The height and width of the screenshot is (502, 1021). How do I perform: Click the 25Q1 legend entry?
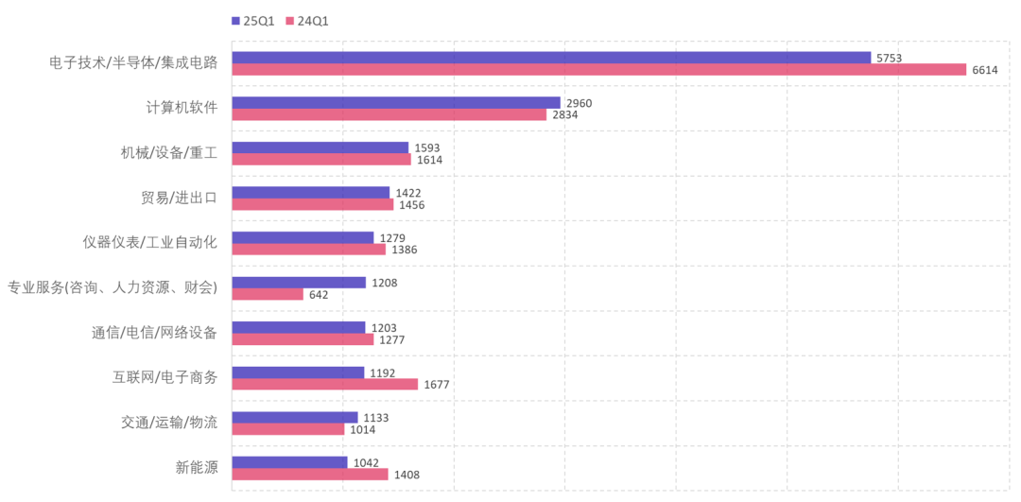[x=252, y=20]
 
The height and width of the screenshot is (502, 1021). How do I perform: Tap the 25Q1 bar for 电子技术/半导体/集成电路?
[x=550, y=58]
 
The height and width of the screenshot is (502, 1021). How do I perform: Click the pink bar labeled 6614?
[x=598, y=70]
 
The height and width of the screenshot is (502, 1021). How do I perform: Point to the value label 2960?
[x=579, y=103]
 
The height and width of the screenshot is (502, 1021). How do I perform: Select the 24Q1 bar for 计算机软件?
[x=389, y=115]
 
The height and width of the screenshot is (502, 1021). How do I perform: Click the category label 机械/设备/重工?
[x=164, y=153]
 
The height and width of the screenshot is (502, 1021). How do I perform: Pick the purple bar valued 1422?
[x=310, y=193]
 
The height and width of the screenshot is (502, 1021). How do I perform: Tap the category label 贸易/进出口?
[x=180, y=199]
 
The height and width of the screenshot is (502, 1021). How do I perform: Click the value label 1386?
[x=404, y=250]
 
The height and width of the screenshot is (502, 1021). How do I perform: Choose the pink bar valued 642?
[x=268, y=294]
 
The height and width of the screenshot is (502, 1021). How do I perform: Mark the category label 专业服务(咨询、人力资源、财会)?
[x=112, y=287]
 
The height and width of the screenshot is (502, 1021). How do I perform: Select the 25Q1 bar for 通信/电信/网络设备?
[x=298, y=327]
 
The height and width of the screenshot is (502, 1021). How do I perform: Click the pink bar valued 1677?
[x=324, y=384]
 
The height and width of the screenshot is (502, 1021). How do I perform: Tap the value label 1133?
[x=375, y=418]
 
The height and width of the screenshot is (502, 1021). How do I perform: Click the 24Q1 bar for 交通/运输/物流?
[x=288, y=429]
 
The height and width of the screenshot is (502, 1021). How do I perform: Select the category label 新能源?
[x=196, y=467]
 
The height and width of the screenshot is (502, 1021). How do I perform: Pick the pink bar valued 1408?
[x=309, y=475]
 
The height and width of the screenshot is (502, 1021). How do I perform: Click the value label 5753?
[x=889, y=59]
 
